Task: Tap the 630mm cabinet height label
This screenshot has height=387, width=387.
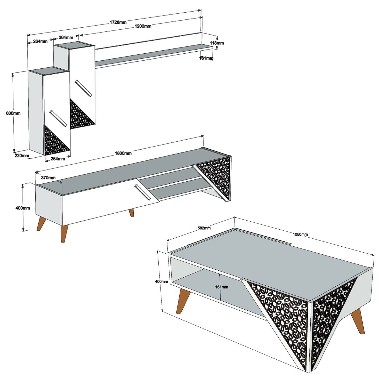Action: coord(13,113)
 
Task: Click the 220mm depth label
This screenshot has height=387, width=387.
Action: coord(22,155)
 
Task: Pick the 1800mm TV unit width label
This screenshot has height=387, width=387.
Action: coord(123,153)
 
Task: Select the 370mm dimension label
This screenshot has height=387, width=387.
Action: coord(48,178)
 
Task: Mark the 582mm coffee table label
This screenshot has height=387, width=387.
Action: coord(204,228)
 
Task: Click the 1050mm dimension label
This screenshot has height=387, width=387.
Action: coord(300,234)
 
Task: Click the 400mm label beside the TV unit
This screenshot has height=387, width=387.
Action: coord(23,208)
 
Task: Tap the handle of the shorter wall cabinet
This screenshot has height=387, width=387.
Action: coord(58,118)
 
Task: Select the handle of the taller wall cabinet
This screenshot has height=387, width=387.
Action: coord(83,88)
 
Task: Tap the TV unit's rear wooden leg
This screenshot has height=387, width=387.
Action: coord(131,212)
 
